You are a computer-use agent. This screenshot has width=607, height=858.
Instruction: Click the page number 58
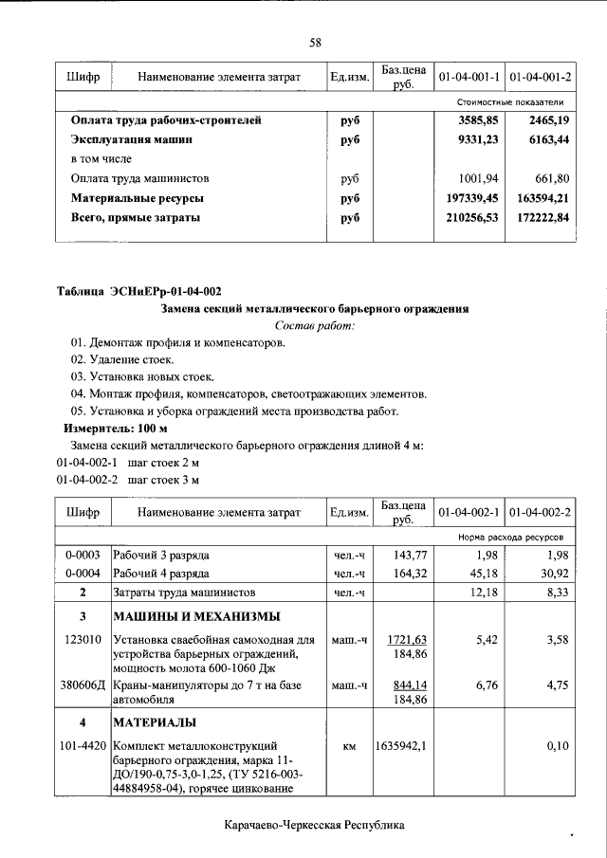315,43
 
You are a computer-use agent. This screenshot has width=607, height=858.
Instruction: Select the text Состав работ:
314,325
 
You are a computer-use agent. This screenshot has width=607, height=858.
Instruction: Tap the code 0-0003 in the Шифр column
83,554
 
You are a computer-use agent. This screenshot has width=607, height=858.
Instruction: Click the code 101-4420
83,746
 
